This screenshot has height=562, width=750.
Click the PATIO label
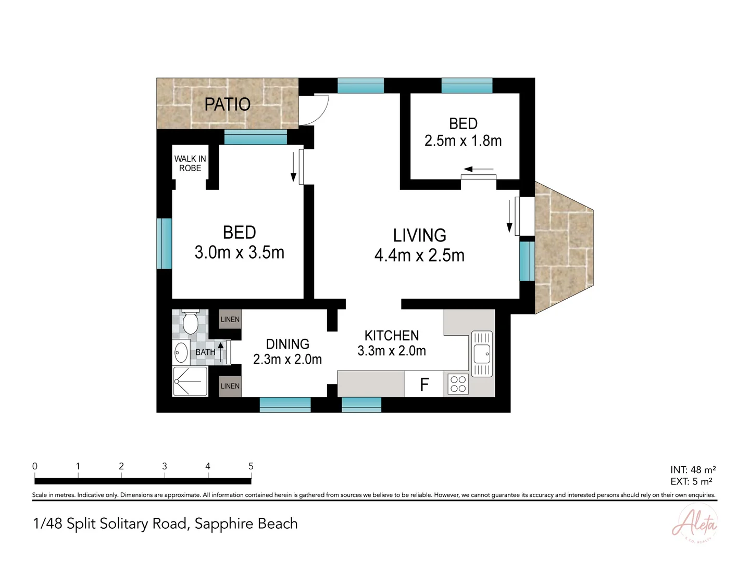point(227,105)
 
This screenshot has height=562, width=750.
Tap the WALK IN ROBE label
point(190,163)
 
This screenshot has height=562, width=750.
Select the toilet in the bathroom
point(190,322)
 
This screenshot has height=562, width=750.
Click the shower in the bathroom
point(190,381)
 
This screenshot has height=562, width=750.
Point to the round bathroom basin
point(181,352)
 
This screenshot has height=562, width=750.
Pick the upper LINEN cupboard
point(230,319)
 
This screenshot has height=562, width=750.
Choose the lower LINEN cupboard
point(230,386)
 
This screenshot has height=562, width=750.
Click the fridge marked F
point(424,384)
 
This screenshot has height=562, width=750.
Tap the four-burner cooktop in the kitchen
point(458,384)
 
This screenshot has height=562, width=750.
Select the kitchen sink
point(482,354)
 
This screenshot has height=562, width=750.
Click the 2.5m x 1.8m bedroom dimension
point(463,140)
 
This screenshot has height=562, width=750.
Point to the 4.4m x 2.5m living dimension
point(419,255)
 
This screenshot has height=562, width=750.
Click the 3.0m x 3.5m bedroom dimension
point(239,252)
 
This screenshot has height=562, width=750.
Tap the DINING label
point(287,344)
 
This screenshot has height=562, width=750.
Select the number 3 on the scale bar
point(165,466)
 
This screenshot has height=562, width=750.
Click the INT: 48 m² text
point(693,470)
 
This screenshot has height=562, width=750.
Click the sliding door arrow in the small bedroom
point(478,169)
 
